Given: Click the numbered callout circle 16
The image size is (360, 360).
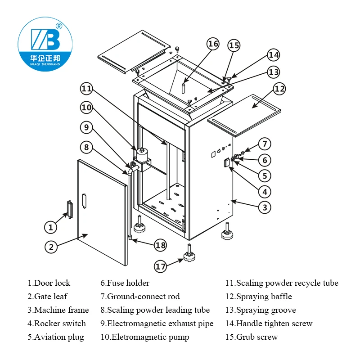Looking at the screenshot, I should coord(213,44).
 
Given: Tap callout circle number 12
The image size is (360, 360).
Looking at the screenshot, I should coord(279,89).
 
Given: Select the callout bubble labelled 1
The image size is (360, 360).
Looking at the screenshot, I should coord(51,227).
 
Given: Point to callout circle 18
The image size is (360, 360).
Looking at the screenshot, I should coord(160,245).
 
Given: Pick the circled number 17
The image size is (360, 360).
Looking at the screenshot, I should coord(161,266).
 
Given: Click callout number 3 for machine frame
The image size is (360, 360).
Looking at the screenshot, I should coord(265,207).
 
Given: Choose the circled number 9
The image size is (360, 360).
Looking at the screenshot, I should coord(87,127).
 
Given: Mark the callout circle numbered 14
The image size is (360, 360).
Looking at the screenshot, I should coord(273,55).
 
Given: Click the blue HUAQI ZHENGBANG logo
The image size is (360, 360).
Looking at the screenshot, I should coord(44,44).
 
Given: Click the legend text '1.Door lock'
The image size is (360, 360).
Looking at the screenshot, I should coord(49,283).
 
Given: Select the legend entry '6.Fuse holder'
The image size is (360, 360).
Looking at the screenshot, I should coord(125,283).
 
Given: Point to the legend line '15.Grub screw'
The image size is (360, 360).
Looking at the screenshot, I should coord(252,337).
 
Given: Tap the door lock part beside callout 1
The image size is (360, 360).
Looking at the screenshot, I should coord(69,209).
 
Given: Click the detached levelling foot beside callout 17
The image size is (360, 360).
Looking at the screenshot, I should coord(189,255).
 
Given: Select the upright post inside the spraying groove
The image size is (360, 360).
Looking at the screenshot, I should coord(184,87).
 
